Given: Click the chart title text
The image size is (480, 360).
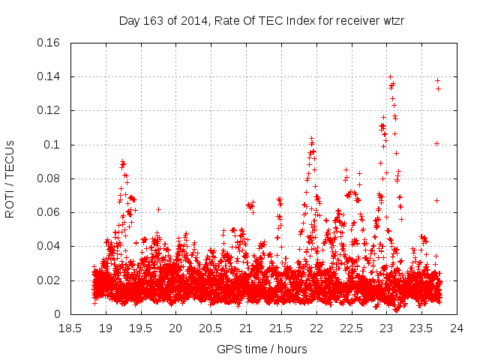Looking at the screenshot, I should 262,20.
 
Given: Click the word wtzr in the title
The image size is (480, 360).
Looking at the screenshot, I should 392,20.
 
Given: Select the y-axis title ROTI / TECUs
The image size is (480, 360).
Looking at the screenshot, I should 10,178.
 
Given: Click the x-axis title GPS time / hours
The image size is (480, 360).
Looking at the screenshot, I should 262,349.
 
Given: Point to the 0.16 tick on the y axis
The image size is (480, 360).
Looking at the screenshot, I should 49,43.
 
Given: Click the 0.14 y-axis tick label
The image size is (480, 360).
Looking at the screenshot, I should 49,76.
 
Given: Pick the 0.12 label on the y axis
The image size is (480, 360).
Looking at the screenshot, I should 49,110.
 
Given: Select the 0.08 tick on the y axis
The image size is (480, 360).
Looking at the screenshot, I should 49,178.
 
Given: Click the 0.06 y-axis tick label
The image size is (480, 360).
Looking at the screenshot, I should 49,212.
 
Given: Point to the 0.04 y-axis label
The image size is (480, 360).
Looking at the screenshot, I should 49,246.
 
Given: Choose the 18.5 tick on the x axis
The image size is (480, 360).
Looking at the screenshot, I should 70,328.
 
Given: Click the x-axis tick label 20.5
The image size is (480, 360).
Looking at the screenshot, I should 211,328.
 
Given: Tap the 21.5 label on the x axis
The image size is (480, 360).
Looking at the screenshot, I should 281,328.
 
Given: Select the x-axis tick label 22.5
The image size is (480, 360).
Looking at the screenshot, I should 352,328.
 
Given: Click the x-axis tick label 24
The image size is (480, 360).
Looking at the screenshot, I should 457,328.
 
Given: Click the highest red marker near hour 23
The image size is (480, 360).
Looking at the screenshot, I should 390,76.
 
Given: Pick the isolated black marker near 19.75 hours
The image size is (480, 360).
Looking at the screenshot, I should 158,209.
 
